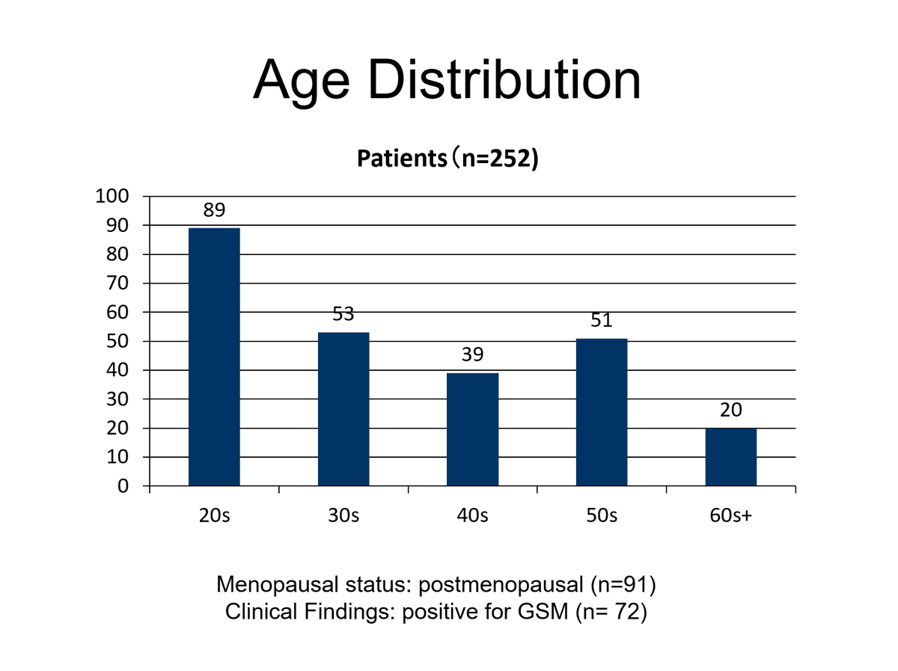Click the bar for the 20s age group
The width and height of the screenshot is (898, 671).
214,357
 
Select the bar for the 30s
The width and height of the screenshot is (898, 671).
343,409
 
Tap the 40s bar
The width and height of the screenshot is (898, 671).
472,429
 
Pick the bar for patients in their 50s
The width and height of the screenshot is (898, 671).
602,412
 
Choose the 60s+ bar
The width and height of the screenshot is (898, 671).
730,457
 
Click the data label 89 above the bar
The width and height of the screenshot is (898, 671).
214,210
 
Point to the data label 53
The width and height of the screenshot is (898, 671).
343,314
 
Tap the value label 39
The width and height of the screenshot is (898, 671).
472,354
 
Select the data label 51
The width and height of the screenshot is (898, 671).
602,320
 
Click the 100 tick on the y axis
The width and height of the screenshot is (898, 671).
112,196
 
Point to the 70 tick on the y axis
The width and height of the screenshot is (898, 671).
117,283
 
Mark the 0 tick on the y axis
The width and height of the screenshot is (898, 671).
123,486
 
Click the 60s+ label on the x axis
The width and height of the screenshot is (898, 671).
730,515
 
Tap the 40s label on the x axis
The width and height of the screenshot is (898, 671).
472,515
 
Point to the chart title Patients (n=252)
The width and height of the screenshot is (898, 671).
448,159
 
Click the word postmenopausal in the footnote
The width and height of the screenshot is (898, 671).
501,584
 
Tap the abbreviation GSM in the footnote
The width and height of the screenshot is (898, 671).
543,612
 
